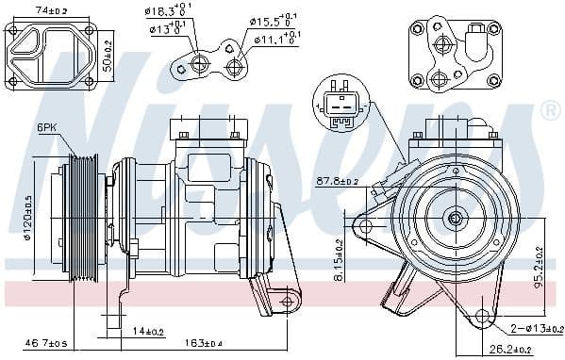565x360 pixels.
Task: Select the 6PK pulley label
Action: pos(48,127)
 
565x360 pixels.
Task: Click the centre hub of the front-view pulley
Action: pos(456,220)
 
